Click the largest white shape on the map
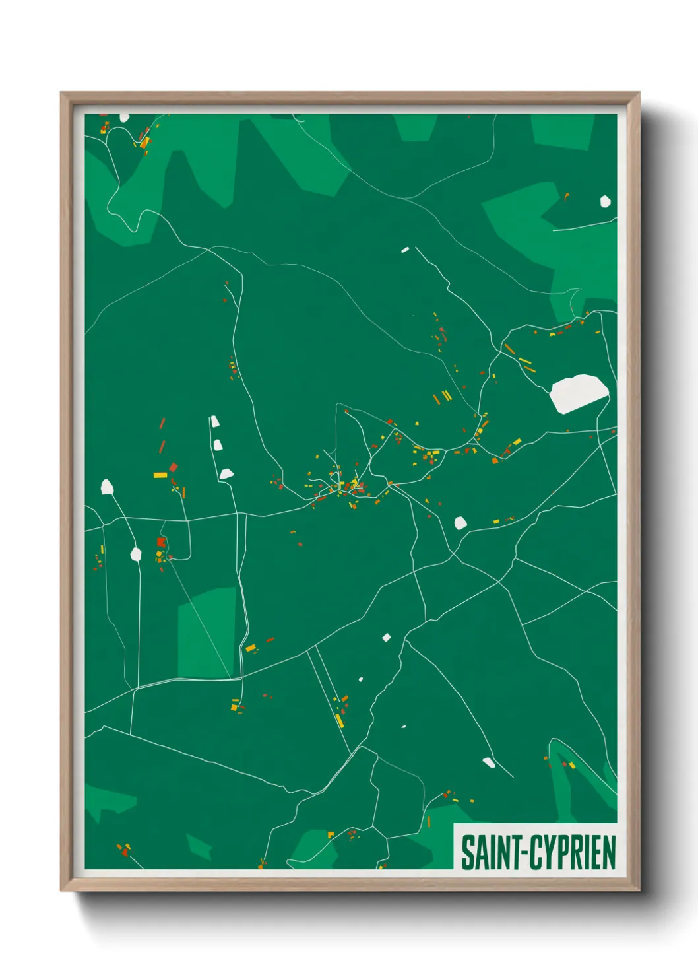click(x=578, y=392)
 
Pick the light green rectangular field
click(x=206, y=632)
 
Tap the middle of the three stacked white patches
click(x=218, y=445)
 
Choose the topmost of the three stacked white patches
click(x=214, y=421)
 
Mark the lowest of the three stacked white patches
click(x=226, y=473)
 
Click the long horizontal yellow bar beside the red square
click(x=160, y=475)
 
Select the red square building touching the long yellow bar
click(x=174, y=467)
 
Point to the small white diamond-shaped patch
click(x=387, y=637)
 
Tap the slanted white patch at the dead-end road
click(x=489, y=763)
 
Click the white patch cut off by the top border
click(x=124, y=118)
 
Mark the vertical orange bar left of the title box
click(x=429, y=822)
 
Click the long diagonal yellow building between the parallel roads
click(x=339, y=720)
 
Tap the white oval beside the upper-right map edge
click(x=605, y=201)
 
